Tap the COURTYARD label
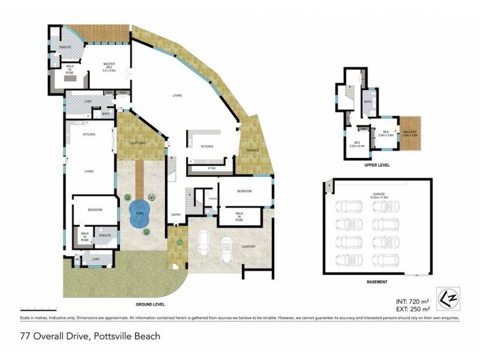139,143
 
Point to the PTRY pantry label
211,169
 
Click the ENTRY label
176,215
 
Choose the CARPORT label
248,247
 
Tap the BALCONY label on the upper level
410,133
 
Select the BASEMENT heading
377,281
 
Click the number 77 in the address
25,336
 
